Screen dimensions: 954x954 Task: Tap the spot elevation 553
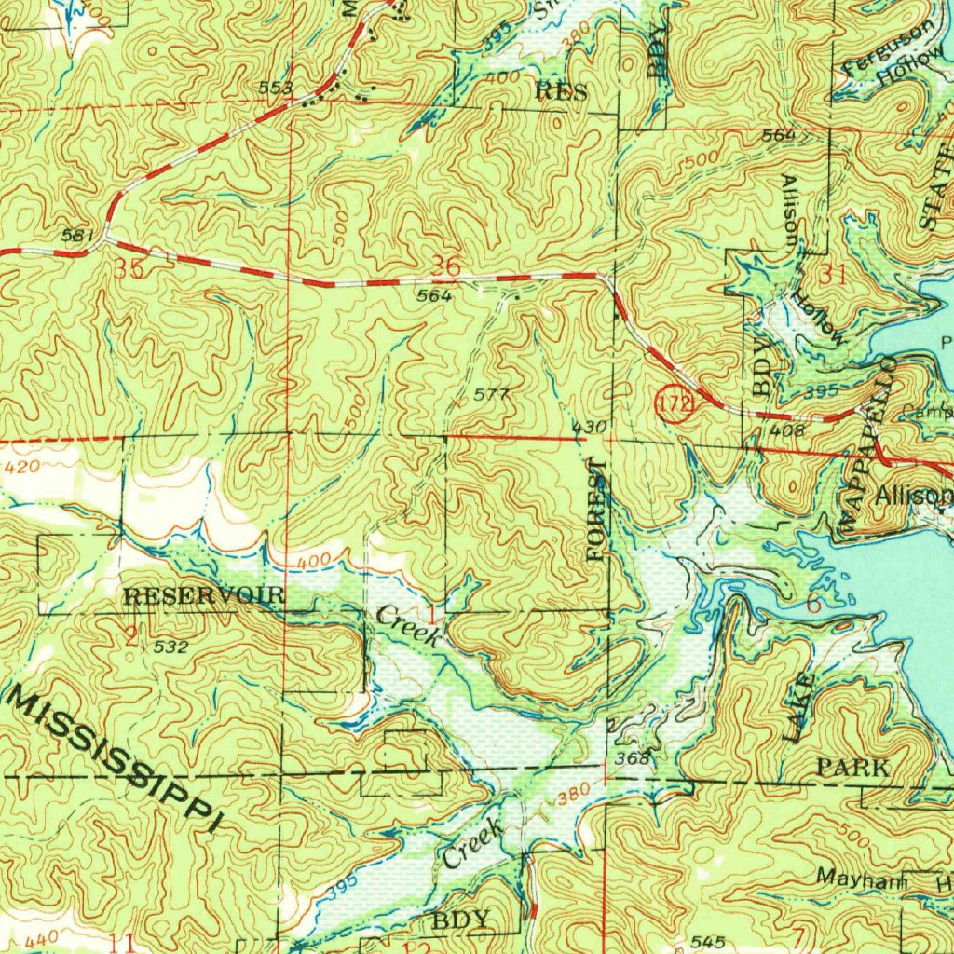277,89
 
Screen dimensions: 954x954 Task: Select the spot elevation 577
491,395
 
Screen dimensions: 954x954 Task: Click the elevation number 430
590,427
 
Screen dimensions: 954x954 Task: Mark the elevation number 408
786,430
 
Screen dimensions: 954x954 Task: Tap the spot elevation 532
171,646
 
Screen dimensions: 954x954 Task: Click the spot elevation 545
708,943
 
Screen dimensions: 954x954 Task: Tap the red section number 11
121,943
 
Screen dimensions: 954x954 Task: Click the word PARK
852,769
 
